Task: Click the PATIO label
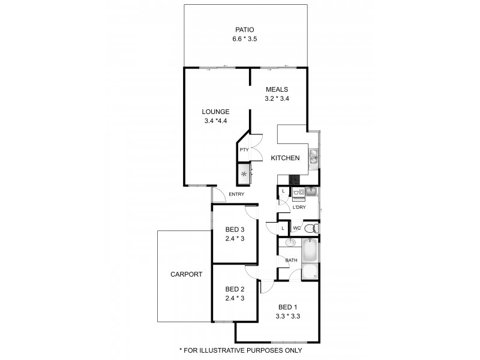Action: pos(244,29)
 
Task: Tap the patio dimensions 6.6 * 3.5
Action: pos(244,39)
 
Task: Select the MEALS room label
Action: pos(277,89)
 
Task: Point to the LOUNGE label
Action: pos(215,111)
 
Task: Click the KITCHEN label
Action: pos(285,158)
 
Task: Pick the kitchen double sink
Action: pos(313,158)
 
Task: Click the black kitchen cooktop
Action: pos(294,179)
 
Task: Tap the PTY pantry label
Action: pos(244,150)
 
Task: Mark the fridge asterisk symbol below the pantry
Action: pos(244,175)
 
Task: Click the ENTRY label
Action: pos(236,194)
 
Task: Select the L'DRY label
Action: pos(299,207)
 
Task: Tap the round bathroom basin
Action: pos(290,243)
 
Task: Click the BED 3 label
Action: pos(235,229)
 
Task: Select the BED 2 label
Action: pos(235,289)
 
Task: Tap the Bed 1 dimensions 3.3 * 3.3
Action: pos(287,316)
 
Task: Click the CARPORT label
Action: pos(186,274)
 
